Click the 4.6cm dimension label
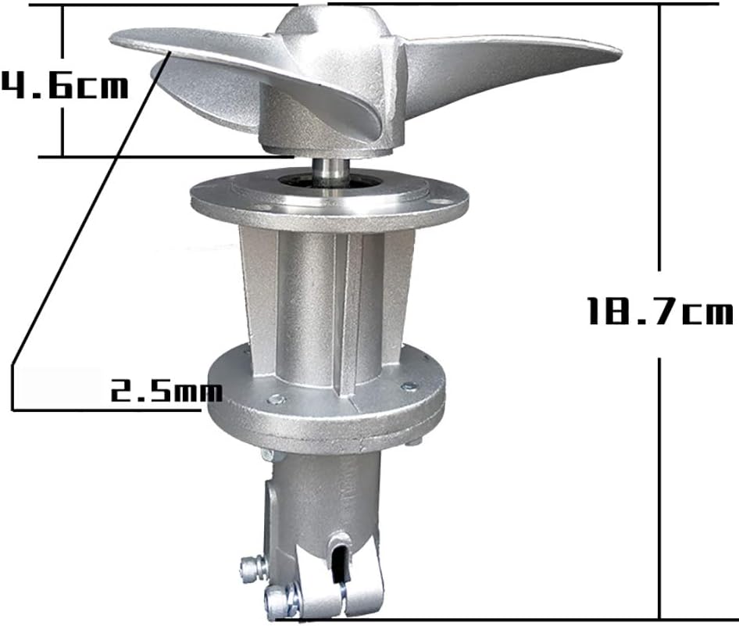pyautogui.click(x=64, y=86)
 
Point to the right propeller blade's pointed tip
pyautogui.click(x=621, y=51)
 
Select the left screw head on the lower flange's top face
pyautogui.click(x=276, y=400)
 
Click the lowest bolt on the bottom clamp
pyautogui.click(x=278, y=599)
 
